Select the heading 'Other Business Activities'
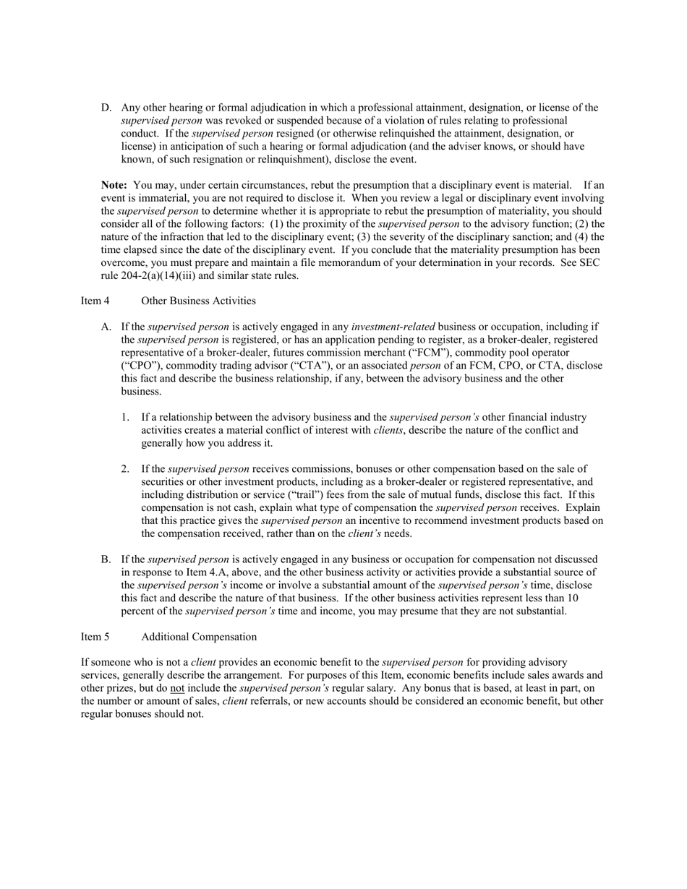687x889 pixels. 198,301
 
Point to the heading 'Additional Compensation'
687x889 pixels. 199,637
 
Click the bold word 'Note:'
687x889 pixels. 114,185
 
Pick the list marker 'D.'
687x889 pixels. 106,108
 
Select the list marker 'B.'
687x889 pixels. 106,559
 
